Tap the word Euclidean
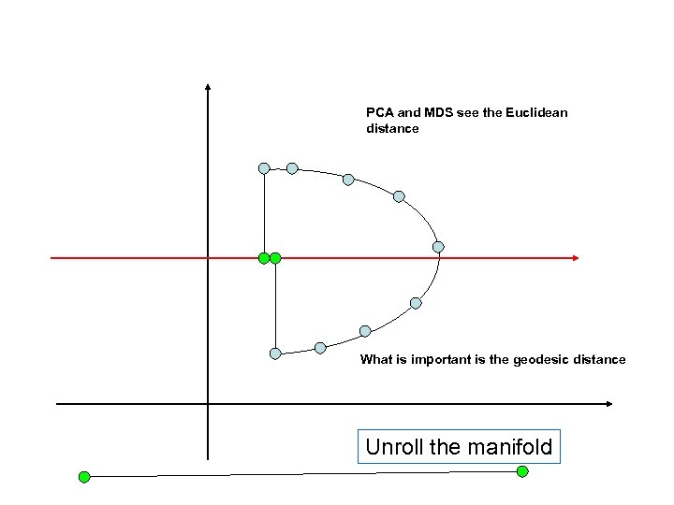coord(535,113)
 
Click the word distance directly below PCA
coord(392,129)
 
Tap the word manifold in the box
coord(510,447)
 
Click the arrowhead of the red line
coord(575,257)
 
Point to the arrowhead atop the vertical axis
coord(208,88)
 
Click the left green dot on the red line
coord(264,257)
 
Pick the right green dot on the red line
coord(275,257)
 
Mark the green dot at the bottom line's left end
coord(83,477)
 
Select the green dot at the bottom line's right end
coord(522,471)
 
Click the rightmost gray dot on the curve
coord(438,247)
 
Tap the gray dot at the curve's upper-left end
coord(264,168)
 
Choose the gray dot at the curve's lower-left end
coord(275,353)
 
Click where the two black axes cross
coord(208,404)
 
